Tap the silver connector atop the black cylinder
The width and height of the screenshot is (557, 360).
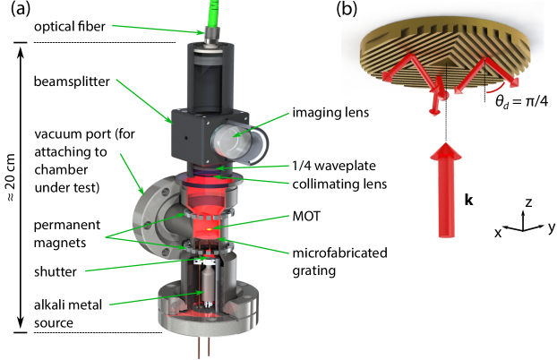(213, 36)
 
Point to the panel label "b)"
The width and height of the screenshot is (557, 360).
(349, 10)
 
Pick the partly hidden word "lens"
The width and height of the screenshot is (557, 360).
(356, 112)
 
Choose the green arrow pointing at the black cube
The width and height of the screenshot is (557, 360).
(143, 99)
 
